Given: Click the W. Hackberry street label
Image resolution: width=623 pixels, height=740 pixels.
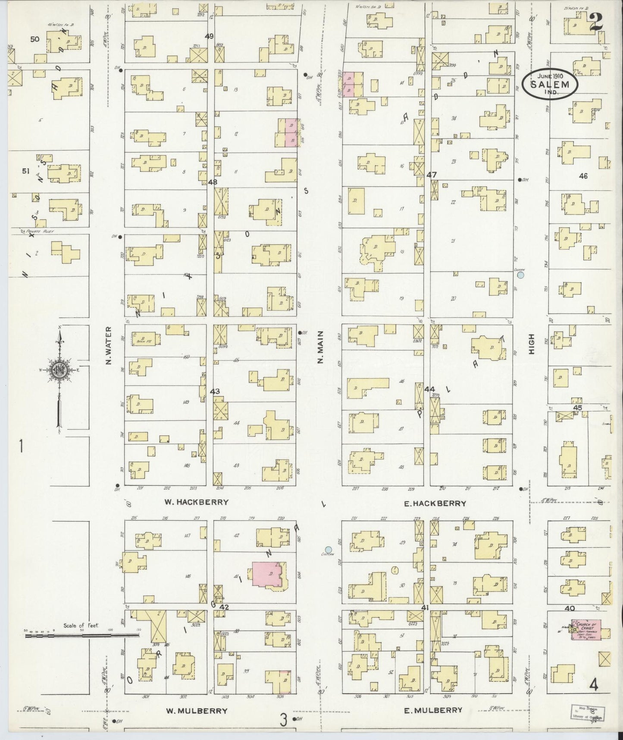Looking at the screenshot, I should pos(196,502).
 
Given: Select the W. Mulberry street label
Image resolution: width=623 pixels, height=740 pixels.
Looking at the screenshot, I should pos(196,711).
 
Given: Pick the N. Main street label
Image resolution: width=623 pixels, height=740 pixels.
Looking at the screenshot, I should pos(320,346).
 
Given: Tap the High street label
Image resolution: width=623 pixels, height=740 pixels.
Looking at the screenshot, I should pos(531,344).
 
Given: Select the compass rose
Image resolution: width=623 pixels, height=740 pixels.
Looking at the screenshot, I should pos(59,371).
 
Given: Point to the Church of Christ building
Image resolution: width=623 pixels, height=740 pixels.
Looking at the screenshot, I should pos(591,629).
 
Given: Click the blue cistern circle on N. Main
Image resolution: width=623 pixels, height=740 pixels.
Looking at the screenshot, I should pos(329,550).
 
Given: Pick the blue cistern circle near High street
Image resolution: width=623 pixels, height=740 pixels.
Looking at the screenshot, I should pos(520,274).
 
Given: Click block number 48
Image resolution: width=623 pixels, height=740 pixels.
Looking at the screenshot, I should pos(213,182).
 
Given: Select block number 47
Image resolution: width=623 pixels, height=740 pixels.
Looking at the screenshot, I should pos(432,175).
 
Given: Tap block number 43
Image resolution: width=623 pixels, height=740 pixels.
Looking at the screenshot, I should pos(215,391).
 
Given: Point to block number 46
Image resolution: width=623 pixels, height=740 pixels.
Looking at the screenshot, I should pos(583,176).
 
